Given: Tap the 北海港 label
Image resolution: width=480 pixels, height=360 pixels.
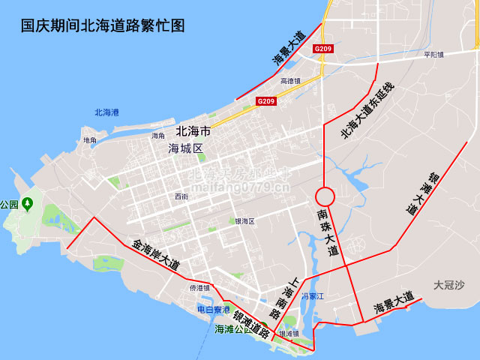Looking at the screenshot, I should (x=106, y=113).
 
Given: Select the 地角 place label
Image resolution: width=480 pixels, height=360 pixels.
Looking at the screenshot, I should (x=90, y=140).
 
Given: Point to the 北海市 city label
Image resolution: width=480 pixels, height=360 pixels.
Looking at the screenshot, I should (x=193, y=131).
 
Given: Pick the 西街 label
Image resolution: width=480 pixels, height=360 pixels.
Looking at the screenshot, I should (x=181, y=196).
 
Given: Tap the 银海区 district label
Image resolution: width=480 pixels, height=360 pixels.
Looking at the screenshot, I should (x=245, y=221).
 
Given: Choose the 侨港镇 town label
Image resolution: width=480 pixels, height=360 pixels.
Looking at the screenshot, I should (x=199, y=288).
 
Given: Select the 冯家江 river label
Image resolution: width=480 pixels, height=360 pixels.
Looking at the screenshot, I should (x=311, y=297).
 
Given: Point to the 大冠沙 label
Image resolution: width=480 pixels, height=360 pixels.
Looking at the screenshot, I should (x=448, y=285).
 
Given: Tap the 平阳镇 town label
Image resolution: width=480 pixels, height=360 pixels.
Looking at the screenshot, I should (x=433, y=55).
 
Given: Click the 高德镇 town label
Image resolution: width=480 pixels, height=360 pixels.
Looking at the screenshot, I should (x=290, y=81).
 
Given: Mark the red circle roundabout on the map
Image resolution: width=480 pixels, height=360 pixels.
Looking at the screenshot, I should (x=324, y=196).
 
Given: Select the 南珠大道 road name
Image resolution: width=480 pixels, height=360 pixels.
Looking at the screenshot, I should (x=328, y=232).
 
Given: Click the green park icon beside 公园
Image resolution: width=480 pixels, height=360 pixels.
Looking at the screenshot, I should (x=28, y=203).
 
